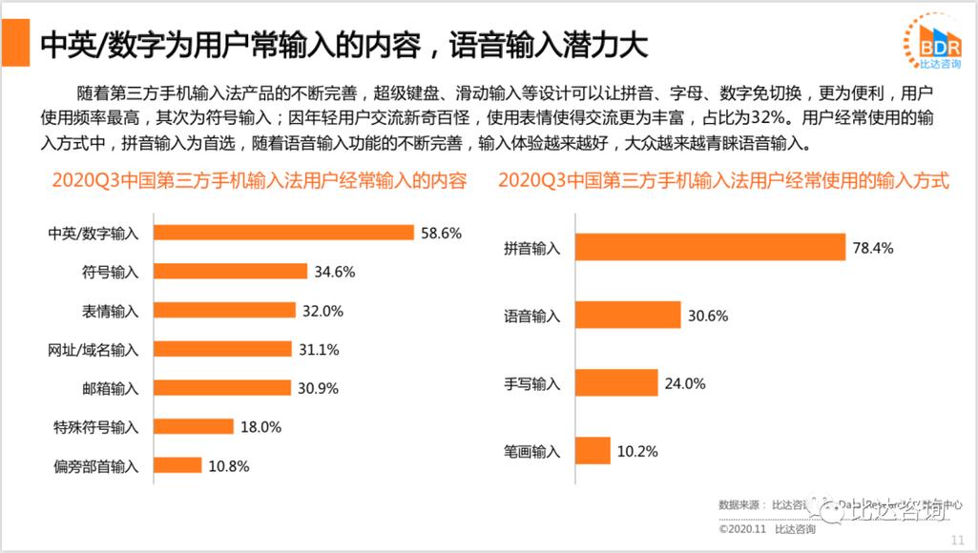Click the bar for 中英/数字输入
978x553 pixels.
coord(283,233)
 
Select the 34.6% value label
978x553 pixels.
coord(335,272)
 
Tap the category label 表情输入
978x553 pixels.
coord(111,311)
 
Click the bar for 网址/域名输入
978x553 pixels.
coord(222,350)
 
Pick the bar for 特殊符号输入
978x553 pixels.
coord(193,427)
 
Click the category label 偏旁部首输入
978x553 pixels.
coord(93,466)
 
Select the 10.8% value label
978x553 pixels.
coord(228,466)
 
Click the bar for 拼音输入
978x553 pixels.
coord(711,248)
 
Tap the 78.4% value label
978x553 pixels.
coord(873,248)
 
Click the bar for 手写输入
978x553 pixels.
coord(616,383)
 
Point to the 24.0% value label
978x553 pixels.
coord(685,383)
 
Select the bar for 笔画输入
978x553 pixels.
coord(593,451)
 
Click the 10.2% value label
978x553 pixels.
coord(637,451)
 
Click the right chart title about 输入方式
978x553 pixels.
coord(723,179)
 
